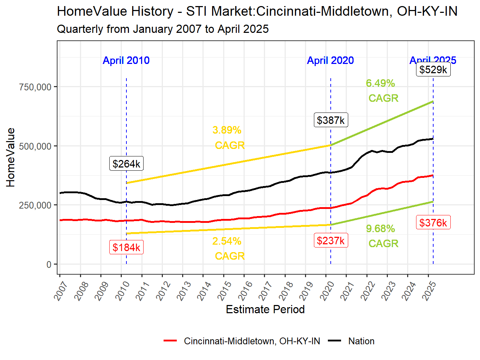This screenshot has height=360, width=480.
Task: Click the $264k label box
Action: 126,164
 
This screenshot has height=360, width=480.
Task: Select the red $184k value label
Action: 126,247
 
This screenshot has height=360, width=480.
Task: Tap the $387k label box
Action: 331,120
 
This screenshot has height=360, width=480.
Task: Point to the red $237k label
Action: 331,240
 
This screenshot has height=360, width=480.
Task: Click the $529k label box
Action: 433,69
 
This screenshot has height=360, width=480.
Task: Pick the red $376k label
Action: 433,222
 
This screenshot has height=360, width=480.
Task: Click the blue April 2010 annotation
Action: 126,60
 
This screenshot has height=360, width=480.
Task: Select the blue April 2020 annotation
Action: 330,60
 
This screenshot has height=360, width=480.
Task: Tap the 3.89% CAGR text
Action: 229,137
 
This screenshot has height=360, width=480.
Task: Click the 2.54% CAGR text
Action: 229,249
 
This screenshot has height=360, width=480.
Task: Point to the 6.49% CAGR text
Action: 382,91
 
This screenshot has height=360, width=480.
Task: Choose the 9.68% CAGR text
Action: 382,236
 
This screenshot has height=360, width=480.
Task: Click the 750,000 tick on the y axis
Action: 35,87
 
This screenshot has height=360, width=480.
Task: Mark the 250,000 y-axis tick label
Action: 35,205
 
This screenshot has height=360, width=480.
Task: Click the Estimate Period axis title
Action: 265,309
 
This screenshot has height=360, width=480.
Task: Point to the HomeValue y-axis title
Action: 11,157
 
